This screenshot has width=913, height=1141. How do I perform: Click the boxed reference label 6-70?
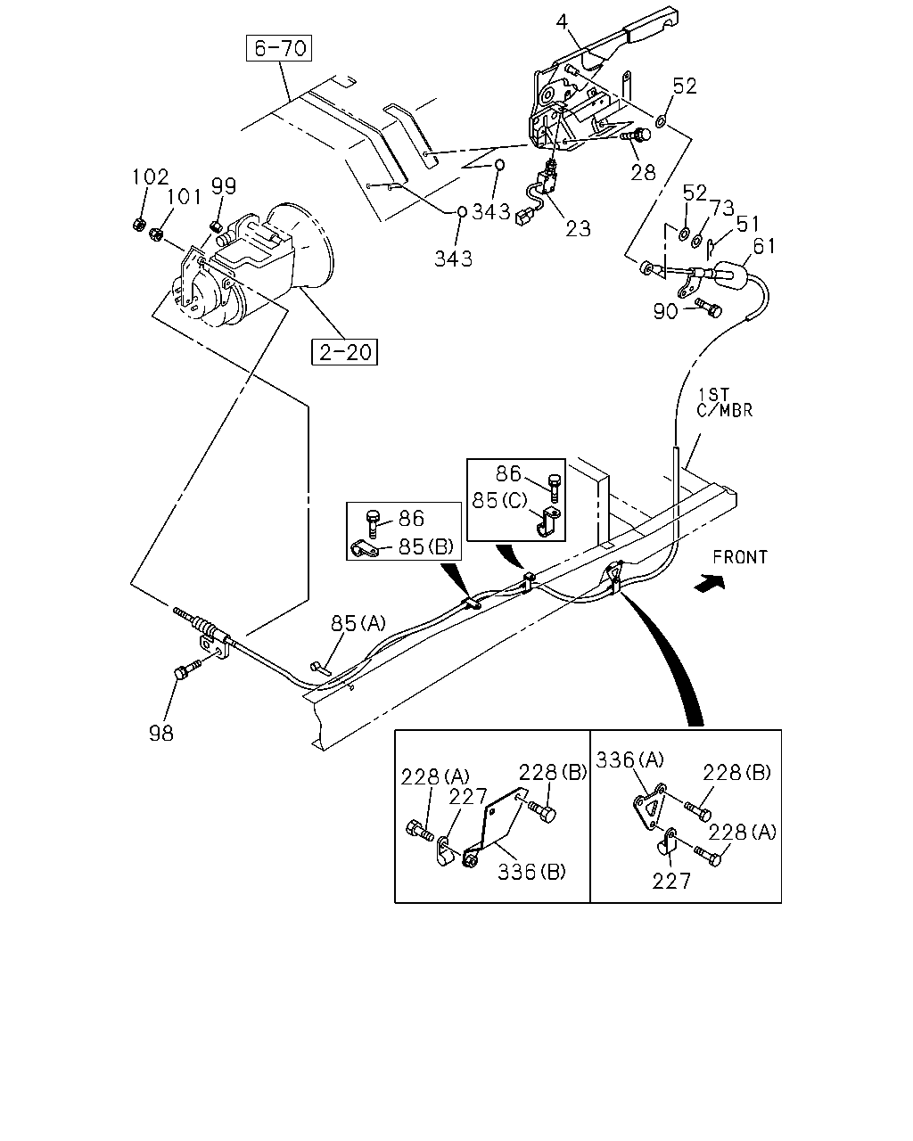coord(279,48)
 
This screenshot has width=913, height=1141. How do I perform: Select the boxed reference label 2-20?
coord(344,351)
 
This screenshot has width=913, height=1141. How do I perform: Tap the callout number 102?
coord(150,176)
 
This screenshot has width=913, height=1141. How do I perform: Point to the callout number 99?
coord(223,186)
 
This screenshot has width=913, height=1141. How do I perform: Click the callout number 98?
coord(161,734)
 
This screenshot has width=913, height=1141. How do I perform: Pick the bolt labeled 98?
coord(188,668)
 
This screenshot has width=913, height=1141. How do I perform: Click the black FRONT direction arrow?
coord(710,583)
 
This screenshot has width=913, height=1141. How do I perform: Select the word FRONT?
coord(740,557)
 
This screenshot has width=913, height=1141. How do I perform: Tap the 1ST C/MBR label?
coord(724,403)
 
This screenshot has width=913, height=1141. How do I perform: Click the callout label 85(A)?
coord(358,623)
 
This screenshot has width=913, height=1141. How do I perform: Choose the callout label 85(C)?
coord(499,500)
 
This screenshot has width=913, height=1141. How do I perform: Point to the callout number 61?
coord(764,246)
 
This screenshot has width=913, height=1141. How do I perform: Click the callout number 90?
coord(666,311)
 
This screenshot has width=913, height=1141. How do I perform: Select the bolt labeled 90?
coord(708,308)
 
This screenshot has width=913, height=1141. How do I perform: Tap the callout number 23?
coord(578,228)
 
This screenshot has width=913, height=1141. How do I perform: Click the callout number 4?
coord(562,21)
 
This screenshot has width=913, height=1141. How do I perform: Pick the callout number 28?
coord(643,172)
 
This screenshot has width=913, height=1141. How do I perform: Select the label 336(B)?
coord(531,872)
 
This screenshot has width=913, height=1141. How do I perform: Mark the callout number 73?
coord(722,208)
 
